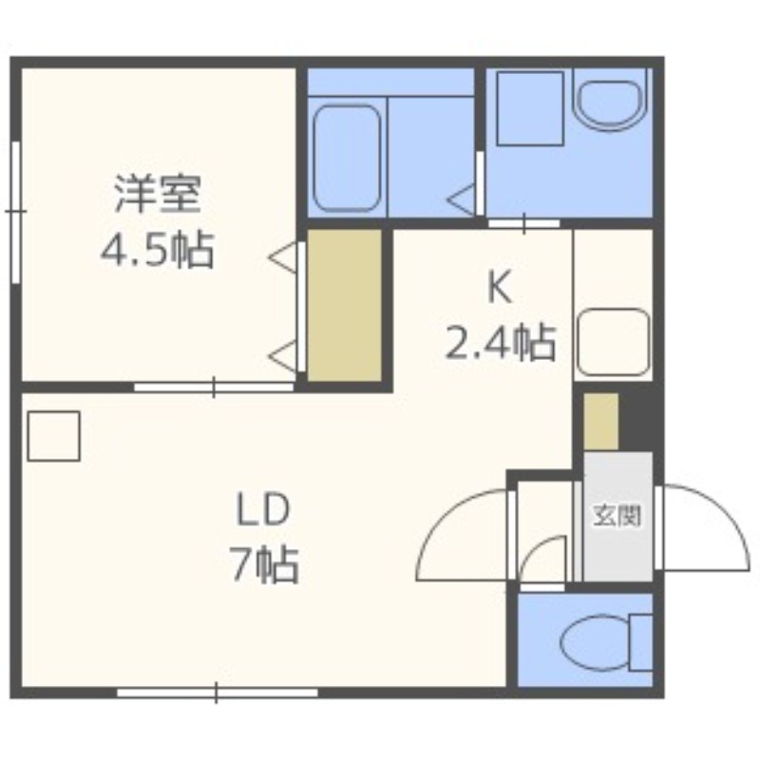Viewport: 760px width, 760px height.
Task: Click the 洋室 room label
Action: click(158, 196)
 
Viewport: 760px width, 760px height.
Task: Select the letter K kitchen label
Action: click(500, 288)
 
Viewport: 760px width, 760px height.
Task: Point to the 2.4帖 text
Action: click(500, 342)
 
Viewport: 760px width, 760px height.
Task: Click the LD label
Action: click(262, 513)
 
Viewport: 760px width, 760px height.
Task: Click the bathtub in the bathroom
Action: click(348, 157)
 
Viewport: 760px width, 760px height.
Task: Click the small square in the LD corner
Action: click(53, 436)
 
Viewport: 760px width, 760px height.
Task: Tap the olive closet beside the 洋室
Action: click(343, 305)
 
